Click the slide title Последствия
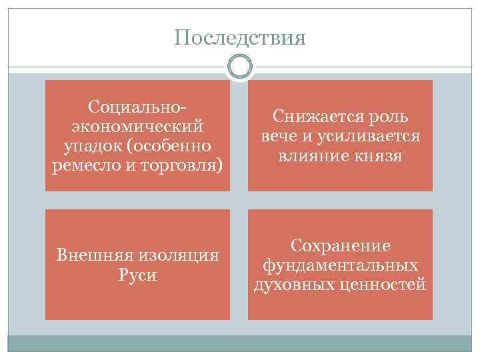point(240,37)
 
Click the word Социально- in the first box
point(137,107)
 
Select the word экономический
point(137,125)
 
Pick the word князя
point(380,155)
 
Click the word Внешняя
point(94,255)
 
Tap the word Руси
point(137,275)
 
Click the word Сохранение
point(340,246)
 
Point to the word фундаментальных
point(340,265)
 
